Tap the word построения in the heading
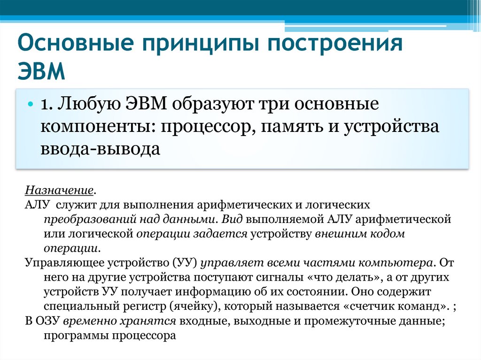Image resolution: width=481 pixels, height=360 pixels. click(x=335, y=43)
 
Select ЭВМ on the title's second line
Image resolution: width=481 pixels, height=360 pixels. click(x=42, y=70)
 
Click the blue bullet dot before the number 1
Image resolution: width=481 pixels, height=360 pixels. click(x=30, y=104)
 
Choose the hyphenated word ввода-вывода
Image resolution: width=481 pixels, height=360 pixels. click(x=101, y=149)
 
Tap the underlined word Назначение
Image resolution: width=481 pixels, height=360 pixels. click(x=59, y=190)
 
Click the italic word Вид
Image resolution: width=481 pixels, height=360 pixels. click(x=232, y=219)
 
